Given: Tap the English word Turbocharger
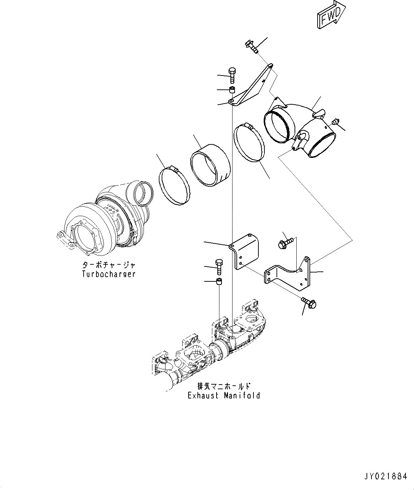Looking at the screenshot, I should [109, 274].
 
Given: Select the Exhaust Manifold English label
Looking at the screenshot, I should [224, 395].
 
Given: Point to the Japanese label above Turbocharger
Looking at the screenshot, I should [109, 265].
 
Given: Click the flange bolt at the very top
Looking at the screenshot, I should [252, 46].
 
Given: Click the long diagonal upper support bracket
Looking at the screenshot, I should [253, 86].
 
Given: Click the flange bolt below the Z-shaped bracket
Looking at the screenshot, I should [309, 303].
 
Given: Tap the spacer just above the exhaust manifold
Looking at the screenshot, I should [219, 282].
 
